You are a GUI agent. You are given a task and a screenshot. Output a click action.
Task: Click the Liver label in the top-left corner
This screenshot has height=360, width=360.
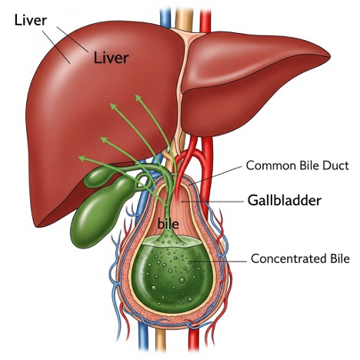[31, 20]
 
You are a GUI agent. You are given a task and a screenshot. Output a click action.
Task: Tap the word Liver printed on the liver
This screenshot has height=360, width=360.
[111, 58]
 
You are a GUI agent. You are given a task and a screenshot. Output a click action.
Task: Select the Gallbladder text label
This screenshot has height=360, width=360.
[285, 200]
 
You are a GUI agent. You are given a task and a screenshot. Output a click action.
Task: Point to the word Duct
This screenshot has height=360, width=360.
[335, 165]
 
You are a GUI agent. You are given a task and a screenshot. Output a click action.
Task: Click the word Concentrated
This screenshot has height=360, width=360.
[288, 258]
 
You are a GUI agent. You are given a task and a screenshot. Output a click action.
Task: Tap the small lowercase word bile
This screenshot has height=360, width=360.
[168, 224]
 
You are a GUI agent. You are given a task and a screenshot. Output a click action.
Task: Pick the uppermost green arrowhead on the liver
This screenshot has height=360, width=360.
[138, 98]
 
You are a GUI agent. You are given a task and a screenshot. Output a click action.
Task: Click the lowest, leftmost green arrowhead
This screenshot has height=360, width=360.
[82, 158]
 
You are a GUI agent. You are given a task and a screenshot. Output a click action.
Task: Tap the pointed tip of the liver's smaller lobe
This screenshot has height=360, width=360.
[329, 55]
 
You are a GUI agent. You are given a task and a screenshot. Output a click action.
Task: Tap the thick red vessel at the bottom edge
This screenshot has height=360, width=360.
[194, 338]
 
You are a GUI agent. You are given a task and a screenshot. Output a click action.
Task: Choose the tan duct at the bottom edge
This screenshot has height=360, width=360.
[161, 338]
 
